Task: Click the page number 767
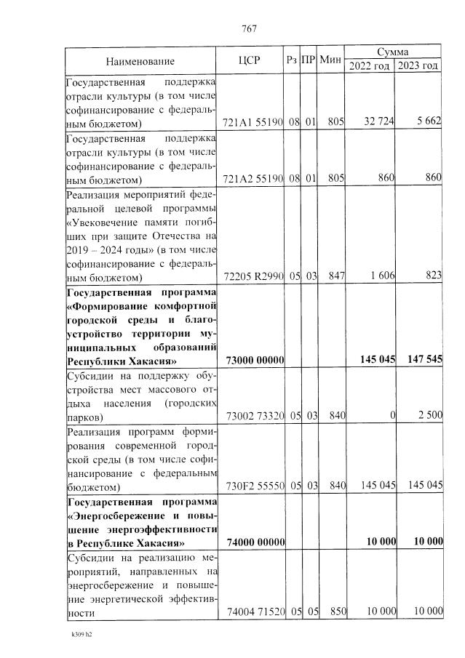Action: [249, 29]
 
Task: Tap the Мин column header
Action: [331, 59]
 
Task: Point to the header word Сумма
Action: [392, 52]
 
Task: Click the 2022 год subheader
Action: [370, 66]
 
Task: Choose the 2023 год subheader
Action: [418, 66]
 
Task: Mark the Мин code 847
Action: [335, 277]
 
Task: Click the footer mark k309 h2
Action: [81, 634]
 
